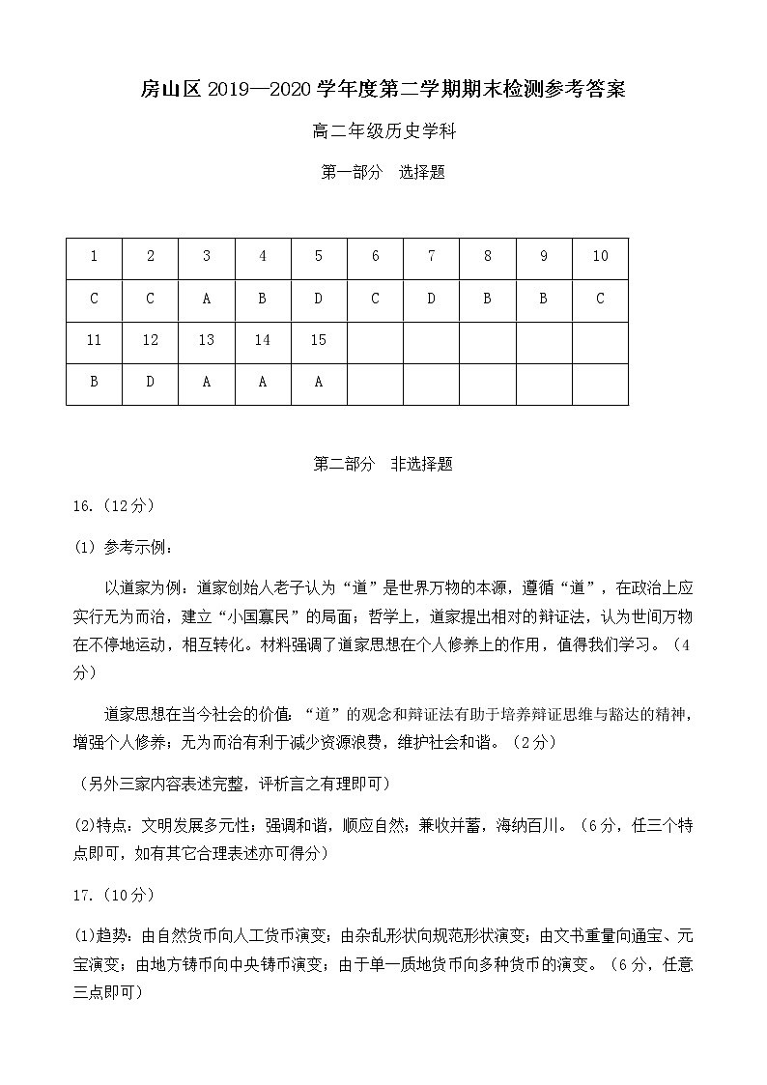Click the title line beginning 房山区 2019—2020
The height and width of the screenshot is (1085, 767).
tap(383, 91)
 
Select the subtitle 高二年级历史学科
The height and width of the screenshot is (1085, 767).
tap(383, 132)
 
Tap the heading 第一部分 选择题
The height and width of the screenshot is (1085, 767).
tap(383, 173)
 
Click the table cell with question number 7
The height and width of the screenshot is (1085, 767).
tap(431, 257)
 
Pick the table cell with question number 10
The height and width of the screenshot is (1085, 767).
tap(600, 257)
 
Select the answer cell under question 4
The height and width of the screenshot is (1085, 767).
tap(262, 300)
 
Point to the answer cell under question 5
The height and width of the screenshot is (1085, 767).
tap(319, 300)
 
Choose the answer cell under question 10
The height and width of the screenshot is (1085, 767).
tap(600, 300)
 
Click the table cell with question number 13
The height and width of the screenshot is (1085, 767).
tap(206, 340)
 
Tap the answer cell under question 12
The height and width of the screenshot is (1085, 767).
tap(150, 382)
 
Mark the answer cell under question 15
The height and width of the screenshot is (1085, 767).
tap(319, 382)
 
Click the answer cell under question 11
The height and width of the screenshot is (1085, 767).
tap(94, 382)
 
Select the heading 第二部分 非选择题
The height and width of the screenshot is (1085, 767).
tap(383, 465)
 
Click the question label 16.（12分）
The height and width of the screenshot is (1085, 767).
tap(113, 506)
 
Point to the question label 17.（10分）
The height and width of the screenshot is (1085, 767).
tap(113, 896)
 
